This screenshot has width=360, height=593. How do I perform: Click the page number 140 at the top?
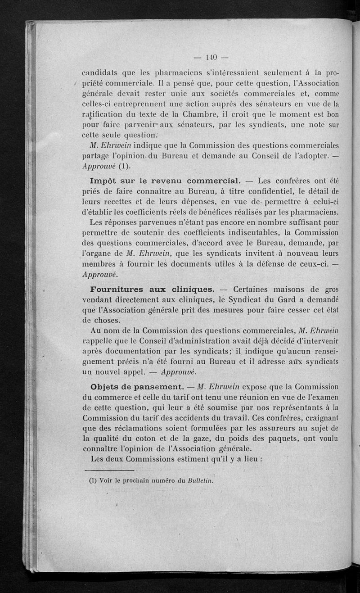click(x=211, y=57)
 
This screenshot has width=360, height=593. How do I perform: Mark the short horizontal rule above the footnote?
click(x=103, y=471)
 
